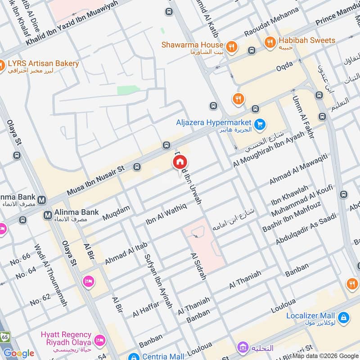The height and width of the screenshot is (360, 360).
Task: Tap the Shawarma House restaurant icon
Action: coord(231,45)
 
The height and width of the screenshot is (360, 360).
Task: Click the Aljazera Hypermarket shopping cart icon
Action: coord(259,124)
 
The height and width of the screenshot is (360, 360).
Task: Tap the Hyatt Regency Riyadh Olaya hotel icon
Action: coord(100,338)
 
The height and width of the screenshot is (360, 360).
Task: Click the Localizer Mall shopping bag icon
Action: coord(344,318)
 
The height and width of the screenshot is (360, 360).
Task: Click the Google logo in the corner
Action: coord(18,353)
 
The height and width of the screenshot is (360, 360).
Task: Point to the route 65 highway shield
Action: coord(4,336)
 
